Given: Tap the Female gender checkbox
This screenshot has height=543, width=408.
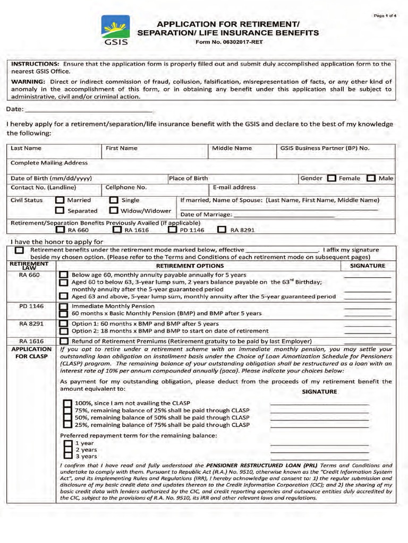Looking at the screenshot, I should [x=331, y=178].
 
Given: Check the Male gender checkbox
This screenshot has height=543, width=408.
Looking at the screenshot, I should [x=371, y=178].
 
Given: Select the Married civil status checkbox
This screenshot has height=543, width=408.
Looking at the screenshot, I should [x=60, y=200].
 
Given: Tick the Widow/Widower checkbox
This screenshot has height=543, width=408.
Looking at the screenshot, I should [x=114, y=211].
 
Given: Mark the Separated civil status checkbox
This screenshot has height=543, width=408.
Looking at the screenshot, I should [x=60, y=211].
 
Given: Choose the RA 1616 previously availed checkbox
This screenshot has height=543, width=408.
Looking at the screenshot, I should [x=117, y=230].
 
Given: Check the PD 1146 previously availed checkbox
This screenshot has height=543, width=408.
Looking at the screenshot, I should [x=172, y=230].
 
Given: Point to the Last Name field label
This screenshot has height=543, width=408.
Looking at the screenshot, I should [x=26, y=148].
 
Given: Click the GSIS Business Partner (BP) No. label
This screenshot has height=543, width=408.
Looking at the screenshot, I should [x=324, y=148].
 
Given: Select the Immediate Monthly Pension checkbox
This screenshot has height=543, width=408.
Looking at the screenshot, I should [x=64, y=306].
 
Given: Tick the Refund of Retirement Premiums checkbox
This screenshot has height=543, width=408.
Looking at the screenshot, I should [x=64, y=341].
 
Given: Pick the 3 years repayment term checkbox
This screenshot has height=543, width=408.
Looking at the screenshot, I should [x=67, y=456].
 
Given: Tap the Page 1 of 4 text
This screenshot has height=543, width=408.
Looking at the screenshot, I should [x=385, y=15].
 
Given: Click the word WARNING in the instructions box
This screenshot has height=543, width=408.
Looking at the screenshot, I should [x=29, y=82].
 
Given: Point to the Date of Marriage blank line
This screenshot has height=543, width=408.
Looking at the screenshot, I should [x=284, y=215].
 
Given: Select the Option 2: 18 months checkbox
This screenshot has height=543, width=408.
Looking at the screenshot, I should [x=64, y=331].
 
